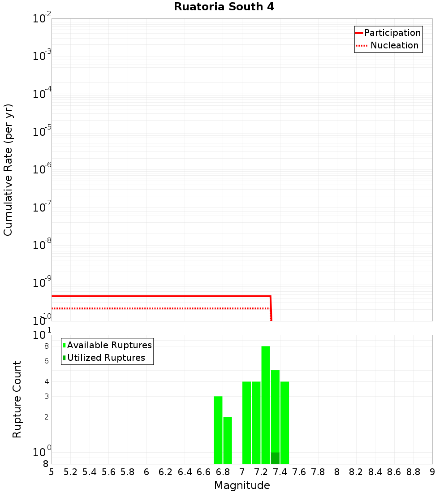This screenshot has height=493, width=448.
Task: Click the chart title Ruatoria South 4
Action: point(224,7)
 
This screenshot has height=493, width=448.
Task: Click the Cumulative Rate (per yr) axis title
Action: point(8,169)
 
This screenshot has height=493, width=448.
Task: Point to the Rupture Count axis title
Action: point(17,399)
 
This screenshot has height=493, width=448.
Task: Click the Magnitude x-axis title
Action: point(242,485)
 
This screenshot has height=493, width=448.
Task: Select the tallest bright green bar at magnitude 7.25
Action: point(266,403)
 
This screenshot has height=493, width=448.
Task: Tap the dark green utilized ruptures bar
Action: point(275,458)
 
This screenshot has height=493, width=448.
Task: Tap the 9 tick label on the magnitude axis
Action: point(432,472)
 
